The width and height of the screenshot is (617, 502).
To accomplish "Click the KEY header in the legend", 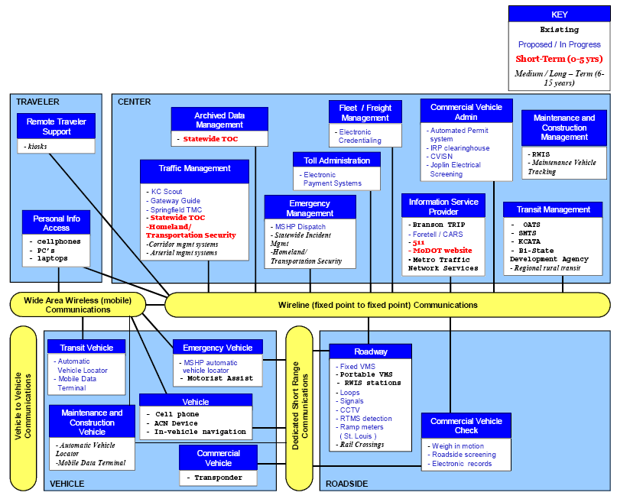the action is tap(559, 15).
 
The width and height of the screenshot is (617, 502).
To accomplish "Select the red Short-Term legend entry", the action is tap(559, 59).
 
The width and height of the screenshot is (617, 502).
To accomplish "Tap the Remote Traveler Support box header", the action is tap(57, 126).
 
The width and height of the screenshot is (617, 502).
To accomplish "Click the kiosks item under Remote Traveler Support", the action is tap(35, 147).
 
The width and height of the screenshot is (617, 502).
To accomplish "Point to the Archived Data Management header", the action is tap(219, 119).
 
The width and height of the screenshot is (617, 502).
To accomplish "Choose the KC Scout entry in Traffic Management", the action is tap(164, 192).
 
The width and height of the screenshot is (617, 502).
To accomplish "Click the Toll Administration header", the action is tap(337, 160).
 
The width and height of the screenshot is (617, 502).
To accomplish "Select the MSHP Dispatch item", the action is tap(298, 227).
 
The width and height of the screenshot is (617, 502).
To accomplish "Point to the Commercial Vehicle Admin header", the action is tap(466, 112).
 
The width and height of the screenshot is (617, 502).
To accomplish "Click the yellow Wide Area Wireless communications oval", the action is tap(77, 305).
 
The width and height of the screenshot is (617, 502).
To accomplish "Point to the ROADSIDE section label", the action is tap(346, 484).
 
